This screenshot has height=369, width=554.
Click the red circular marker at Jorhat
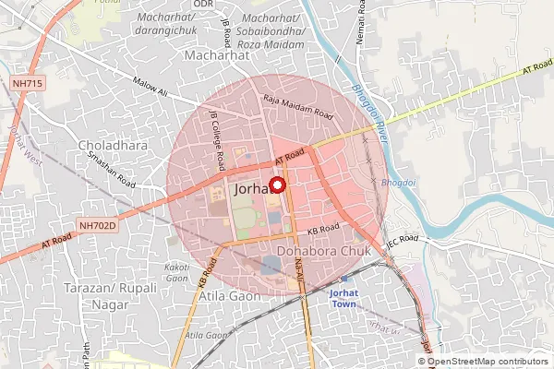pos(276,184)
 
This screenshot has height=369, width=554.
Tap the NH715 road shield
pos(27,84)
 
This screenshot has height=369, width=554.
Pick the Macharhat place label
pos(219,55)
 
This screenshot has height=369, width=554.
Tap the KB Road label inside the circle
pos(324,227)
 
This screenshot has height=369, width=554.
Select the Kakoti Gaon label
pos(176,272)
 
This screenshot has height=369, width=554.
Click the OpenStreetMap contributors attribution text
pos(488,361)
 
